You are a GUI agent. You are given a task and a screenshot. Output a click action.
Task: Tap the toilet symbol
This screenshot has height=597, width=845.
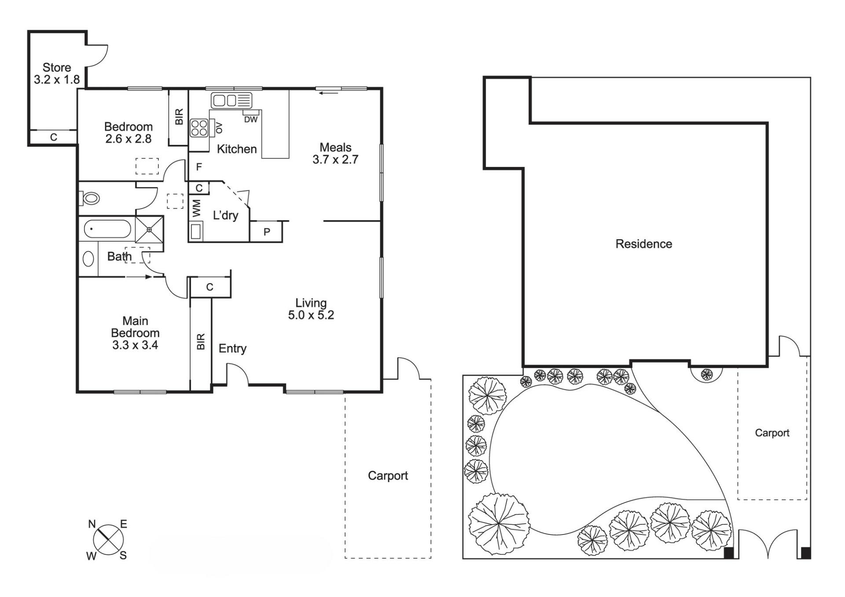point(89,198)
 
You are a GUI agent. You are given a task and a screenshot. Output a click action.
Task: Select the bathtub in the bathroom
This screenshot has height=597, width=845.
point(107,229)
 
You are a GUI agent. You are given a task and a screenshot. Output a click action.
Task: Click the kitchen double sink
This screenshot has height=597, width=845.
point(231,100)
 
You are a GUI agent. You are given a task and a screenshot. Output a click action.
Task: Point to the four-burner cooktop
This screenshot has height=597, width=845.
point(199,128)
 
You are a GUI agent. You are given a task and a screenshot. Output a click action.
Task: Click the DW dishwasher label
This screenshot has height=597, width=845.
point(251,120)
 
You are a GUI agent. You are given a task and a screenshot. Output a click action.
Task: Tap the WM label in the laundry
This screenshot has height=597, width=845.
point(197,208)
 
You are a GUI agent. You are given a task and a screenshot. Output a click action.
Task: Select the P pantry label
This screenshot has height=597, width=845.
point(267,232)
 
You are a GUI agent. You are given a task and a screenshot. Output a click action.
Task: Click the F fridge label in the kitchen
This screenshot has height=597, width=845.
point(199,167)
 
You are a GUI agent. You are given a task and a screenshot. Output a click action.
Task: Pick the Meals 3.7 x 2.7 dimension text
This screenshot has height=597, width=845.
point(335,159)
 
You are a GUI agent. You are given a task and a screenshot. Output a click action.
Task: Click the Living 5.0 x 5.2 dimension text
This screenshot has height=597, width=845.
point(311,315)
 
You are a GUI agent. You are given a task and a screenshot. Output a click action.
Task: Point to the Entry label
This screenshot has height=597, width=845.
point(232,349)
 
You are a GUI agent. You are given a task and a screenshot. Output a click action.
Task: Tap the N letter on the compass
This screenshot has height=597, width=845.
point(92,524)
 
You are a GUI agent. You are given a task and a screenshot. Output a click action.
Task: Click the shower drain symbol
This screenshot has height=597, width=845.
point(149,229)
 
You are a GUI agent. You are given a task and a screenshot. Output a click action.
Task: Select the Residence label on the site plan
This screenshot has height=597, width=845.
point(644,244)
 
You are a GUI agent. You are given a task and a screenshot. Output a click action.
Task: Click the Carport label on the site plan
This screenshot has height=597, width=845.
point(772,433)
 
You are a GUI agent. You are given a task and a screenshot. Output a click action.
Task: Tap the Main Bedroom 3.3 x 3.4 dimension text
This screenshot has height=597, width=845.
point(135,345)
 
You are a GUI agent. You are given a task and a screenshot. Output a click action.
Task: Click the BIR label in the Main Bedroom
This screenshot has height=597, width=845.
point(201,342)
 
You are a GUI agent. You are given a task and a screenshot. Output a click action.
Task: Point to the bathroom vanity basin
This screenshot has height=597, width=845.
point(88,259)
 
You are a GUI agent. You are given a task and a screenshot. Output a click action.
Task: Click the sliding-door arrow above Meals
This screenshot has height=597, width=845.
point(329,92)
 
